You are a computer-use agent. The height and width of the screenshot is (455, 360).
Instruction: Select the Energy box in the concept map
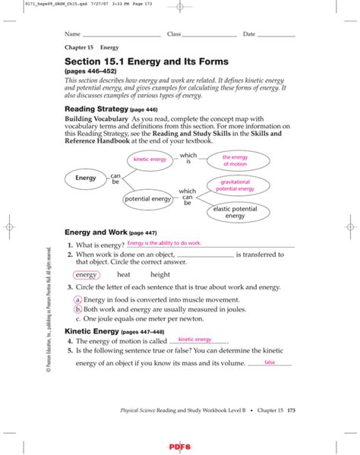[85, 178]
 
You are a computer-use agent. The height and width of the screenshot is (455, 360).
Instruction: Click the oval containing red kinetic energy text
[150, 160]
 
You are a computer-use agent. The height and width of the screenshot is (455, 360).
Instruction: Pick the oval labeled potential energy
[148, 199]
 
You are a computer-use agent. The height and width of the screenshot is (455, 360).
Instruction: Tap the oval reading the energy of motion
[235, 160]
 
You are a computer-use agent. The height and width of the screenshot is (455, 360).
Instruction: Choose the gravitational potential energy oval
[235, 186]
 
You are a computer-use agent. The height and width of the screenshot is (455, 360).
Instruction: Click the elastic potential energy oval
[235, 212]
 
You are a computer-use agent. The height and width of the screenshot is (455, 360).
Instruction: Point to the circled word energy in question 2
[87, 275]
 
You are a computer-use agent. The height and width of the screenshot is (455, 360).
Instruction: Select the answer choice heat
[124, 275]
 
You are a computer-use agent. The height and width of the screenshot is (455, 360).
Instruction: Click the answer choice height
[160, 275]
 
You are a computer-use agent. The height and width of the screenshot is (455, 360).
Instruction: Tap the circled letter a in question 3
[77, 301]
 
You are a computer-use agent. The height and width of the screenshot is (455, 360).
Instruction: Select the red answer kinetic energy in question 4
[194, 340]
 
